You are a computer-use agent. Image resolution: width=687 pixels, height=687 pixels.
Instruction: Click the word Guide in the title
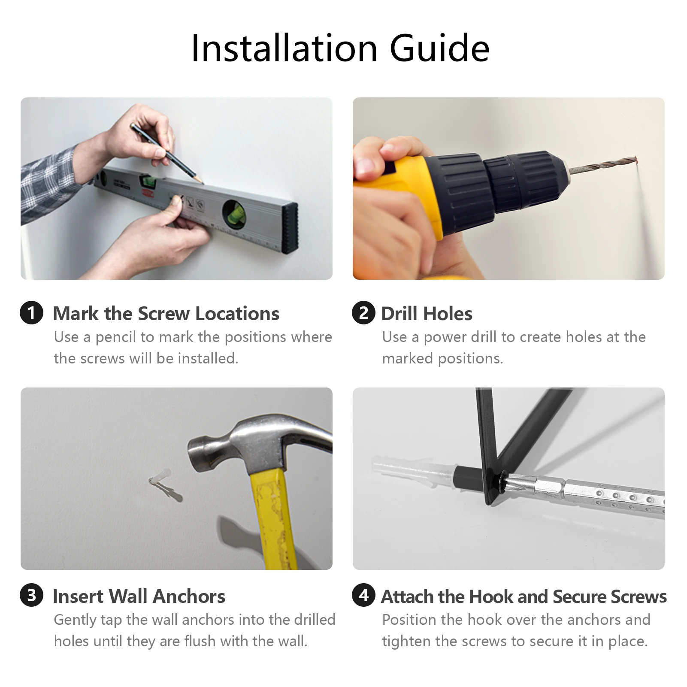click(x=439, y=48)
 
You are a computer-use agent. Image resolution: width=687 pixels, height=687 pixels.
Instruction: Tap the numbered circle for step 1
click(x=31, y=312)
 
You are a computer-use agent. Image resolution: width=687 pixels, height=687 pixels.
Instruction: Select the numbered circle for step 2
click(x=363, y=312)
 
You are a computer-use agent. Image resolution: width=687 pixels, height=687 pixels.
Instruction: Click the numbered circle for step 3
click(x=31, y=595)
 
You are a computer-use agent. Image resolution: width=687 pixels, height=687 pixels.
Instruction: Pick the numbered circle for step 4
click(x=363, y=595)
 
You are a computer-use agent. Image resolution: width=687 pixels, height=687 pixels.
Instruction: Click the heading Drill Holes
click(x=427, y=314)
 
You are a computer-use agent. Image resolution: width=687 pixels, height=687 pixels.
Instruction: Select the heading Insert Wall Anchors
click(x=139, y=596)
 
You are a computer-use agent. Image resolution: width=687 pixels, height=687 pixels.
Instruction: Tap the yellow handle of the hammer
click(x=273, y=519)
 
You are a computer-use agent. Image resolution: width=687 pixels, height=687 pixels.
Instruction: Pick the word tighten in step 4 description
click(x=406, y=642)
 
